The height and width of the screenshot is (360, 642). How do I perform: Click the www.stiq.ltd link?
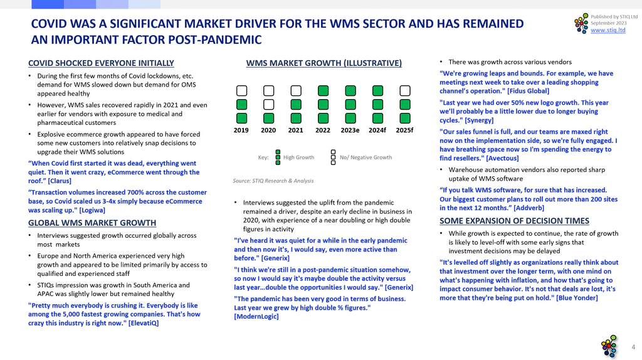pyautogui.click(x=608, y=30)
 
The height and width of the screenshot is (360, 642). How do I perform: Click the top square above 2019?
pyautogui.click(x=241, y=90)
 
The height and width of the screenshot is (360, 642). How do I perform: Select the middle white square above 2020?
pyautogui.click(x=268, y=105)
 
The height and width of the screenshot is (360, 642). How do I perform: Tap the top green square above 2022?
pyautogui.click(x=323, y=90)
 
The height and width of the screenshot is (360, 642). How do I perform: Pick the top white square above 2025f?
pyautogui.click(x=405, y=90)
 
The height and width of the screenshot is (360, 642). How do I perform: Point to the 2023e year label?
pyautogui.click(x=350, y=130)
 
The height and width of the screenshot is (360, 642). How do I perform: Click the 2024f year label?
pyautogui.click(x=377, y=130)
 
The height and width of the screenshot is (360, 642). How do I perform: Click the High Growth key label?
pyautogui.click(x=299, y=157)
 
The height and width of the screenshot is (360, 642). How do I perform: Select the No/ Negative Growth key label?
pyautogui.click(x=366, y=157)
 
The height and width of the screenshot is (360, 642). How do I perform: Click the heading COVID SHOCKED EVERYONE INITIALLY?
pyautogui.click(x=101, y=63)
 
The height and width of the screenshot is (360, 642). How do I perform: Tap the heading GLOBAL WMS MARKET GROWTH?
pyautogui.click(x=92, y=223)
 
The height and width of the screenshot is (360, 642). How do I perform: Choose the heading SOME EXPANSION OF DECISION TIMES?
pyautogui.click(x=514, y=221)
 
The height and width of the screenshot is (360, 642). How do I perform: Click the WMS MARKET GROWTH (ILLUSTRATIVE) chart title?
pyautogui.click(x=324, y=63)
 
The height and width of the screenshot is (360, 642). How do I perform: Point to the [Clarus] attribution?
pyautogui.click(x=60, y=181)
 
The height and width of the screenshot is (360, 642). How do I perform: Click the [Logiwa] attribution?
pyautogui.click(x=92, y=210)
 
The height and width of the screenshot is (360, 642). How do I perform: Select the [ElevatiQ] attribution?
pyautogui.click(x=144, y=323)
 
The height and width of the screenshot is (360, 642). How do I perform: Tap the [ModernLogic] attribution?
pyautogui.click(x=256, y=317)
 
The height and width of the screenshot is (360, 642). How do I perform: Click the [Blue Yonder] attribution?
pyautogui.click(x=577, y=298)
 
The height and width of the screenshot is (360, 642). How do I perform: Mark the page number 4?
pyautogui.click(x=633, y=347)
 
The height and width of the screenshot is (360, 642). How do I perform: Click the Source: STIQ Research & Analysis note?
pyautogui.click(x=273, y=181)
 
